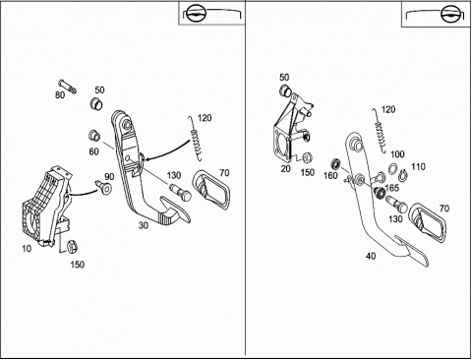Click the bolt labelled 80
pyautogui.click(x=68, y=87)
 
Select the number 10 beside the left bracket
pyautogui.click(x=27, y=249)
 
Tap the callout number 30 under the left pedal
pyautogui.click(x=144, y=225)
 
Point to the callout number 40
pyautogui.click(x=371, y=256)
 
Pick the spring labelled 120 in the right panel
pyautogui.click(x=381, y=131)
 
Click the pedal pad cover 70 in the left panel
pyautogui.click(x=211, y=189)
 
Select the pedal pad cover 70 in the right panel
pyautogui.click(x=428, y=222)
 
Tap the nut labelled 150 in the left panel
pyautogui.click(x=72, y=247)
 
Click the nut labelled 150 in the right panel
pyautogui.click(x=307, y=158)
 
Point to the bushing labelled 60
pyautogui.click(x=94, y=136)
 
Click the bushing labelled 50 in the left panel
pyautogui.click(x=96, y=103)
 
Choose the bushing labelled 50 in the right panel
pyautogui.click(x=285, y=90)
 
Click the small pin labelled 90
pyautogui.click(x=102, y=186)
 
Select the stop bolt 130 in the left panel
pyautogui.click(x=181, y=193)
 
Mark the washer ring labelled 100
pyautogui.click(x=392, y=169)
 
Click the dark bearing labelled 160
pyautogui.click(x=335, y=163)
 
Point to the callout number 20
pyautogui.click(x=286, y=169)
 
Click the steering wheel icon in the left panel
pyautogui.click(x=195, y=13)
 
